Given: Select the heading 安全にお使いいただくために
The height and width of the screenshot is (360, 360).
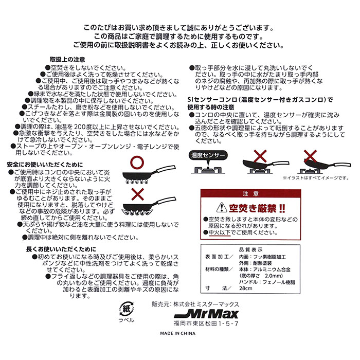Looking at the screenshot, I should (38, 164).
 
